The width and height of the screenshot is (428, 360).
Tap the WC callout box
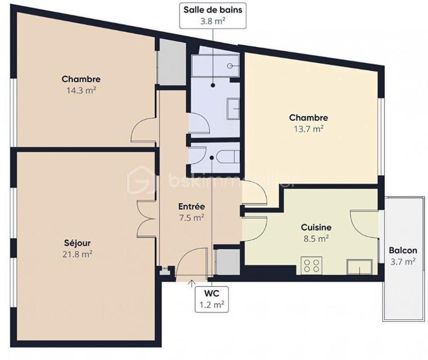[212, 299]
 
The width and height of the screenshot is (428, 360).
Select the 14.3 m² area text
[81, 90]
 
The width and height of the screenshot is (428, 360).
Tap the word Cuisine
[316, 227]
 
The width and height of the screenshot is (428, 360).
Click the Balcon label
[402, 250]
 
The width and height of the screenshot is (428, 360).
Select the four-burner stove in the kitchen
[312, 265]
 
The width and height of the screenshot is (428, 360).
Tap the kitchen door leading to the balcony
[363, 222]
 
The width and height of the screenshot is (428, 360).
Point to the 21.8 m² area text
[77, 254]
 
